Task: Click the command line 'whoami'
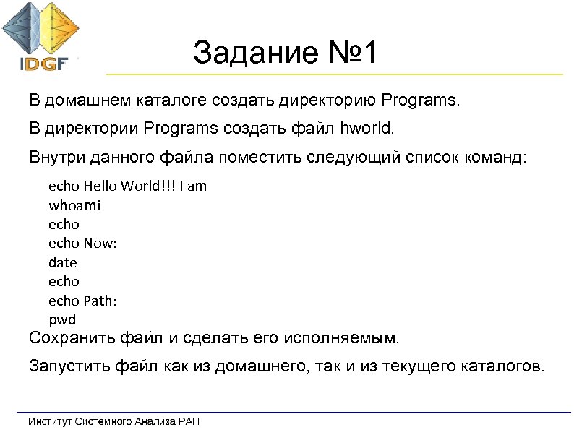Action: tap(74, 205)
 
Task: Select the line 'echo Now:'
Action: tap(82, 243)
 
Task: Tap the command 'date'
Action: tap(62, 262)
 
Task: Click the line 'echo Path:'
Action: tap(83, 300)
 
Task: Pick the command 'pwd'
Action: tap(61, 319)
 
